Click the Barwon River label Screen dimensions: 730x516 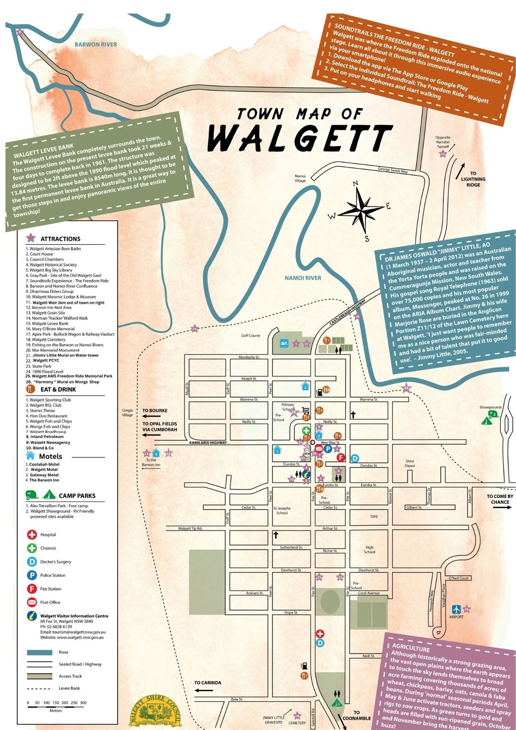pyautogui.click(x=96, y=44)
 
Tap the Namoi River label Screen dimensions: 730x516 pyautogui.click(x=303, y=278)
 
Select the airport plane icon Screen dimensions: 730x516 pyautogui.click(x=456, y=609)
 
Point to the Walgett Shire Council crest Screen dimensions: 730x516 pyautogui.click(x=156, y=712)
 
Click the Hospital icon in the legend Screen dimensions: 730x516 pyautogui.click(x=32, y=535)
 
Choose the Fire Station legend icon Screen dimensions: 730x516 pyautogui.click(x=32, y=589)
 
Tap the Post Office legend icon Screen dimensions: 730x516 pyautogui.click(x=32, y=602)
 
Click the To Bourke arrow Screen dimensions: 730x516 pyautogui.click(x=151, y=416)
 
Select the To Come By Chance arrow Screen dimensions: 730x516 pyautogui.click(x=502, y=507)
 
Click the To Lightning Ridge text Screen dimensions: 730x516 pyautogui.click(x=473, y=179)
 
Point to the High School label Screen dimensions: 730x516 pyautogui.click(x=369, y=549)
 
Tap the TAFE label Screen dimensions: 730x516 pyautogui.click(x=374, y=516)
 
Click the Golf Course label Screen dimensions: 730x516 pyautogui.click(x=250, y=335)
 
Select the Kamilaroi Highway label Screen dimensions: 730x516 pyautogui.click(x=208, y=443)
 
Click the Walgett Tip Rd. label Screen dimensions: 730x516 pyautogui.click(x=190, y=528)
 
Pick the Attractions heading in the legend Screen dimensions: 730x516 pyautogui.click(x=60, y=239)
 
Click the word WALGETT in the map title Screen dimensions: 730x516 pyautogui.click(x=300, y=139)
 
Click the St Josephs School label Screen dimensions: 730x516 pyautogui.click(x=282, y=511)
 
